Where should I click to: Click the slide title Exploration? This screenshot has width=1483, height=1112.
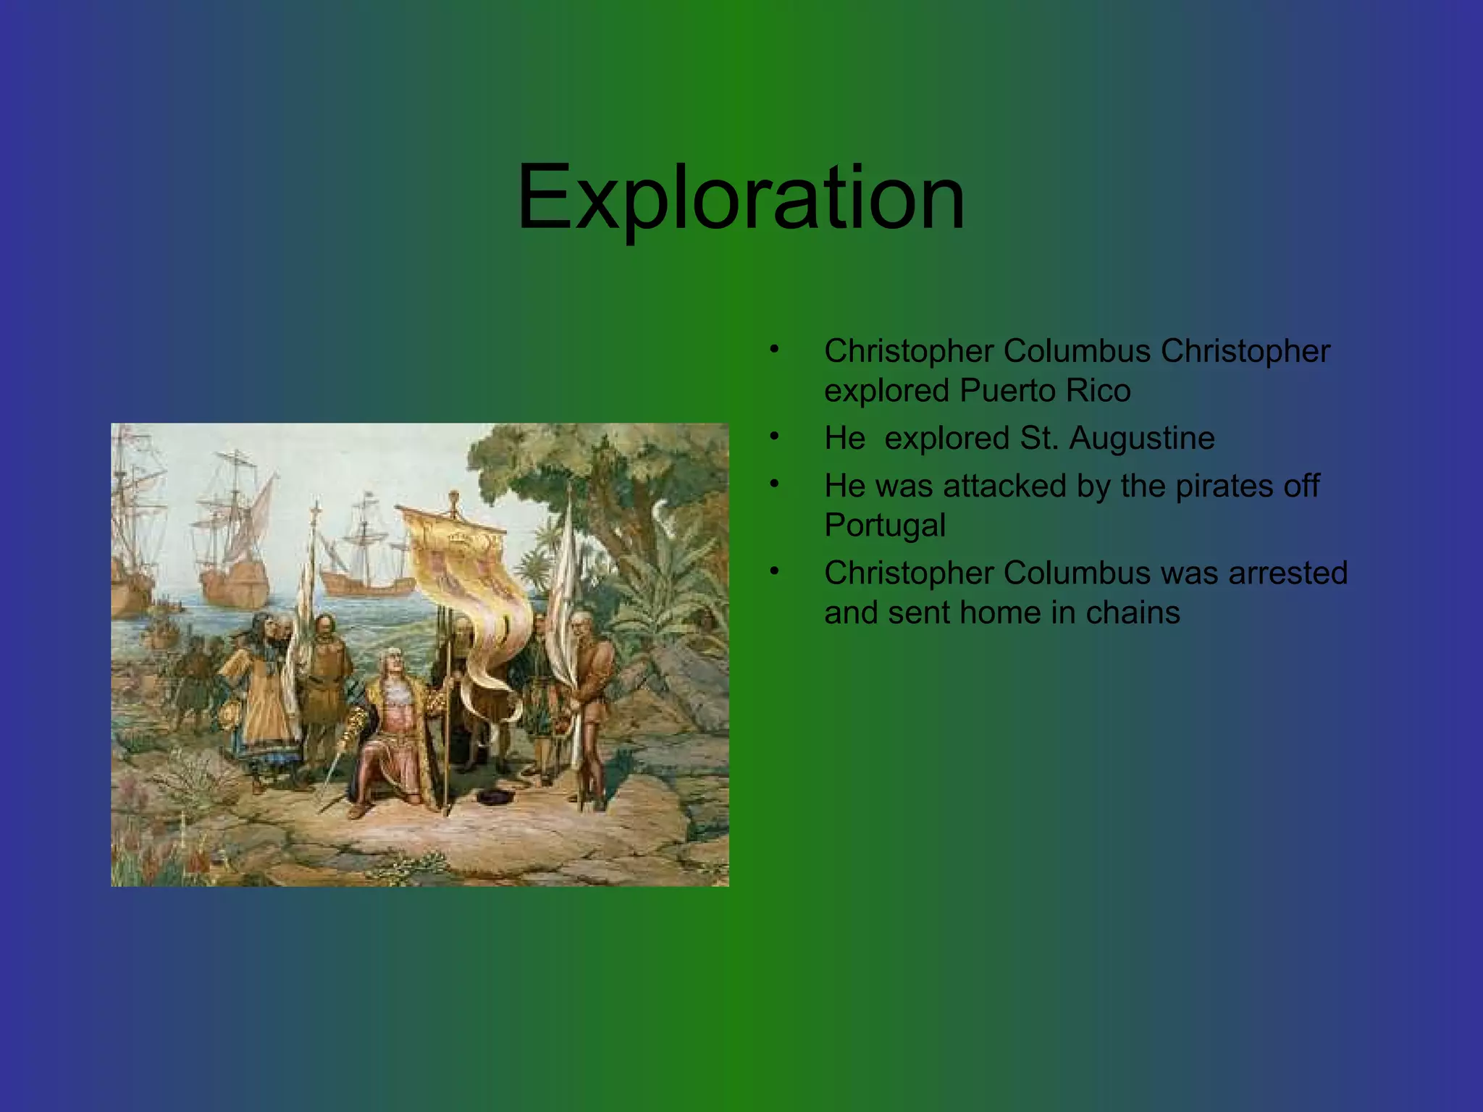pos(741,197)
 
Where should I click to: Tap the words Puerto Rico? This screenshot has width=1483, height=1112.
pos(1045,391)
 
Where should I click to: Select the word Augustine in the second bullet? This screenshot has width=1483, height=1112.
pos(1142,438)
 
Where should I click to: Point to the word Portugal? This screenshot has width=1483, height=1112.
pos(884,525)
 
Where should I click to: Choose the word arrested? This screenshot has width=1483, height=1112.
pos(1287,573)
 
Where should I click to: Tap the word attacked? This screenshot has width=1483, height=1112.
pos(1005,486)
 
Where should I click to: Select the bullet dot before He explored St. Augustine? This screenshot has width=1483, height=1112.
pos(774,437)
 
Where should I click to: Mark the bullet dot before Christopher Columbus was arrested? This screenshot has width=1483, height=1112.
pos(774,571)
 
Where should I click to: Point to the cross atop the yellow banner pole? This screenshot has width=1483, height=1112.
pos(454,499)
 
